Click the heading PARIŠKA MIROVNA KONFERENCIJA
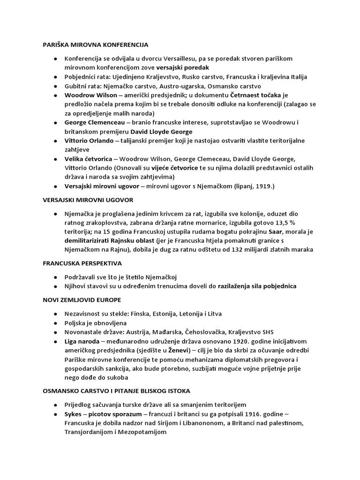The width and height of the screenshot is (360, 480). (x=93, y=45)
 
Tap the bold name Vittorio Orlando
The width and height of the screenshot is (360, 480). (x=89, y=141)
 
